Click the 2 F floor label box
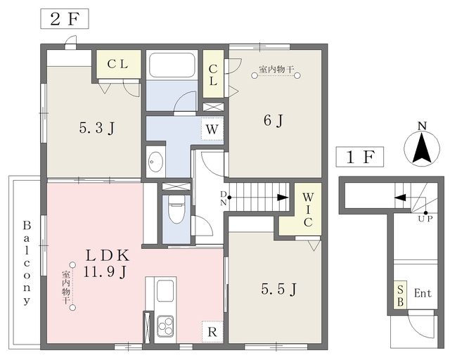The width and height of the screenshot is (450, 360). [x=65, y=19]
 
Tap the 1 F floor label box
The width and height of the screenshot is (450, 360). [x=360, y=157]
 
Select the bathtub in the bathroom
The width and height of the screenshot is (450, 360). [x=172, y=65]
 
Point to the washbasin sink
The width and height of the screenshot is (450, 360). [x=156, y=162]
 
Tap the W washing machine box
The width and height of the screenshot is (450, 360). [x=212, y=129]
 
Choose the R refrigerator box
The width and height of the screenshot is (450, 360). [x=212, y=332]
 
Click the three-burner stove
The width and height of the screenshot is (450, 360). [x=165, y=326]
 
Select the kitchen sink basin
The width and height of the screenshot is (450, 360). [x=165, y=290]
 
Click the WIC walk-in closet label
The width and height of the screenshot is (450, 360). [x=308, y=210]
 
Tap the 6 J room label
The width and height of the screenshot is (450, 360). [x=274, y=120]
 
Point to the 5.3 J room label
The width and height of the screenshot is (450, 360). [x=97, y=128]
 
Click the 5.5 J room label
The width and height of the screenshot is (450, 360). [x=278, y=289]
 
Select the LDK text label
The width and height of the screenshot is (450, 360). [x=108, y=255]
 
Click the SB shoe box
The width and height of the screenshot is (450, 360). [x=400, y=295]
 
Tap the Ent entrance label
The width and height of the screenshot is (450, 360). [x=423, y=293]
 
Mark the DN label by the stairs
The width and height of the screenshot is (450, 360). [x=224, y=198]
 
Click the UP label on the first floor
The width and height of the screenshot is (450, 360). [x=425, y=219]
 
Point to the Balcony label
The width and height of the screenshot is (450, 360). [x=27, y=263]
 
